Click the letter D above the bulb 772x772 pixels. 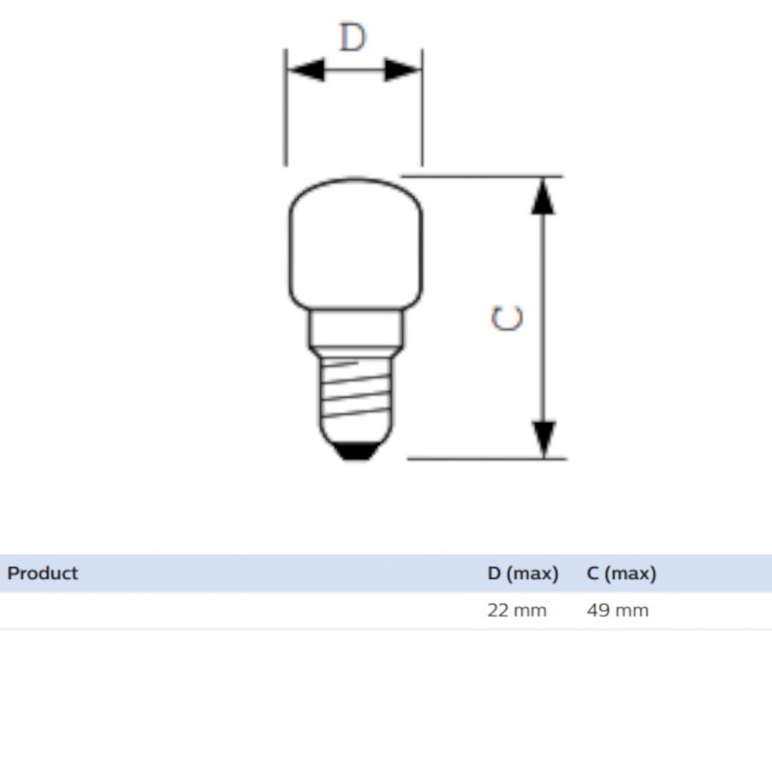(353, 38)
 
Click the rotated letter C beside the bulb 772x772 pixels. (507, 318)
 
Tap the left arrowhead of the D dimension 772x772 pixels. (306, 70)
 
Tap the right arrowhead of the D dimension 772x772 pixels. (401, 70)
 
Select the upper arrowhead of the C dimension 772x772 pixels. (542, 196)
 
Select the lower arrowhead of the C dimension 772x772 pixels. (542, 438)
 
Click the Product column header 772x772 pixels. (43, 573)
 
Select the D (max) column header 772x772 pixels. (522, 573)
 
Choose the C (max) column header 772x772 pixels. (621, 573)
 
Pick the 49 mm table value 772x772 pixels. (617, 611)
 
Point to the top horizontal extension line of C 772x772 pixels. (480, 176)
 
